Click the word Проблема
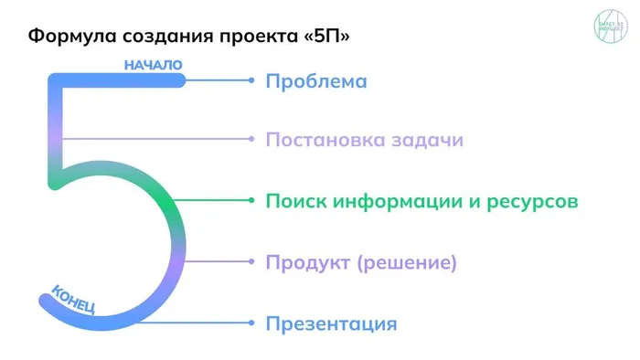point(316,81)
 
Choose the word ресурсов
point(536,201)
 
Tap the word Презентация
point(331,323)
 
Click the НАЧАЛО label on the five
point(153,65)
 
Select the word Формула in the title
point(69,37)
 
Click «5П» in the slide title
point(330,37)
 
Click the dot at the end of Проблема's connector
point(251,80)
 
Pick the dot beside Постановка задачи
point(251,140)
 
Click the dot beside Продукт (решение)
point(251,262)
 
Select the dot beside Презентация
point(251,323)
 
